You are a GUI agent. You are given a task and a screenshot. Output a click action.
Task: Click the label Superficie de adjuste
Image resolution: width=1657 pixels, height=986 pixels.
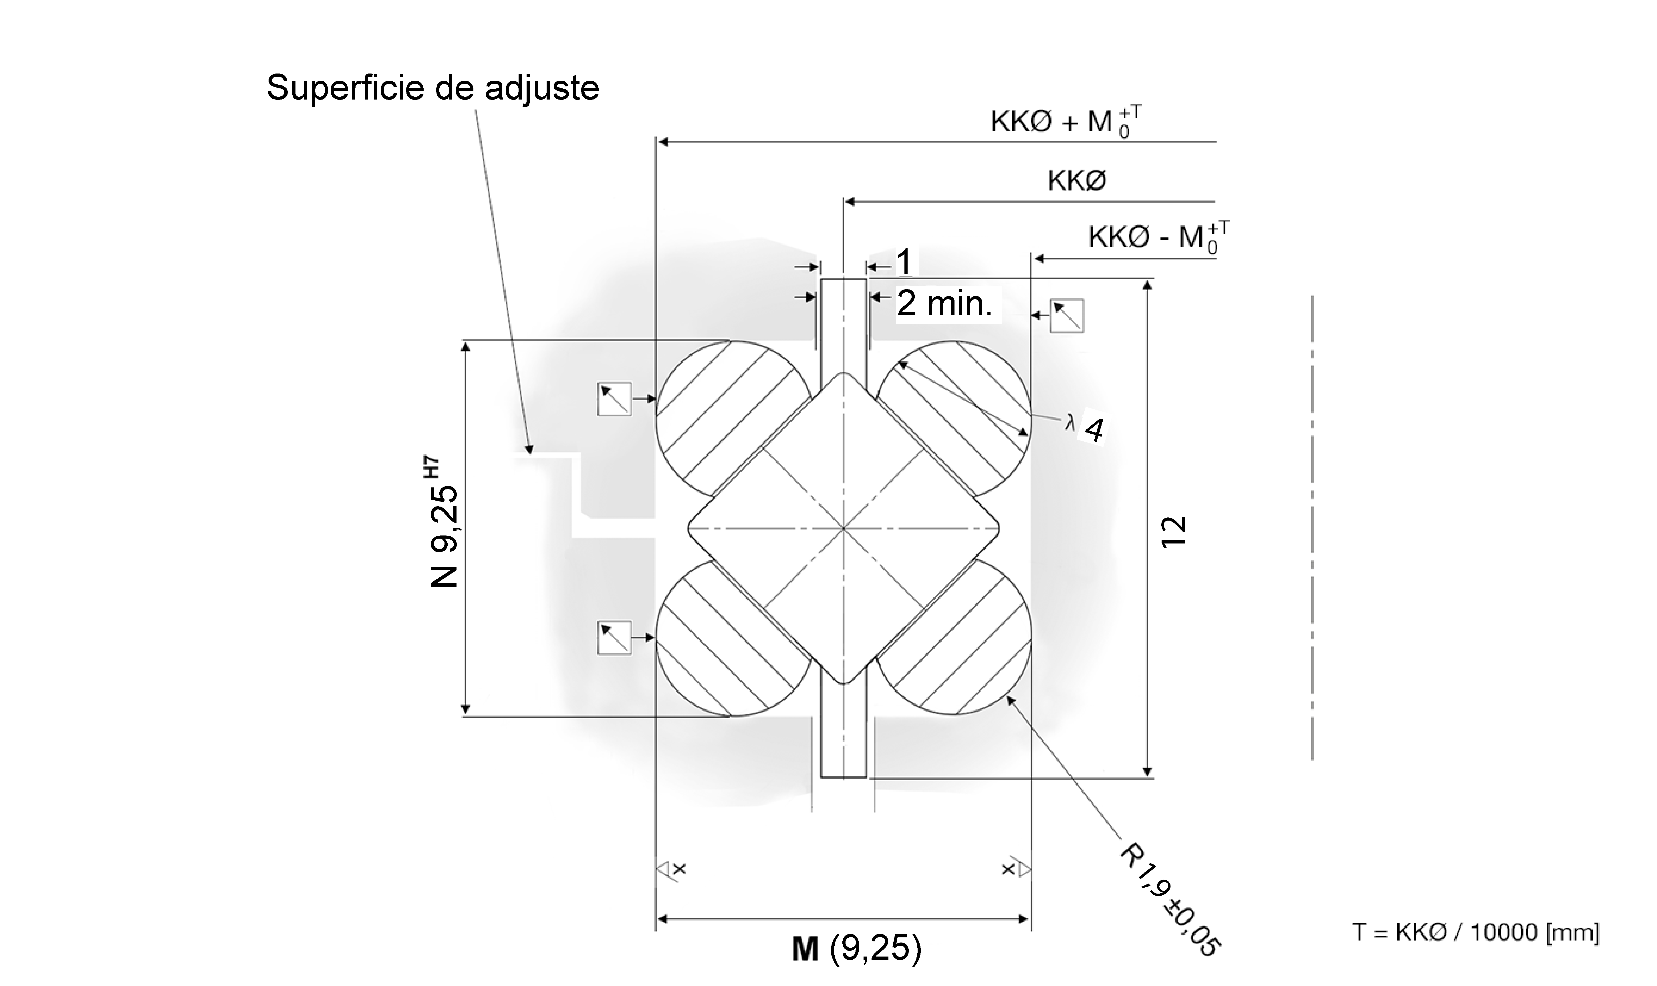[432, 88]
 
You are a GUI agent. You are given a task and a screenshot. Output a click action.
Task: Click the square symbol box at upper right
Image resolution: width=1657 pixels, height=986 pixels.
[1067, 316]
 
